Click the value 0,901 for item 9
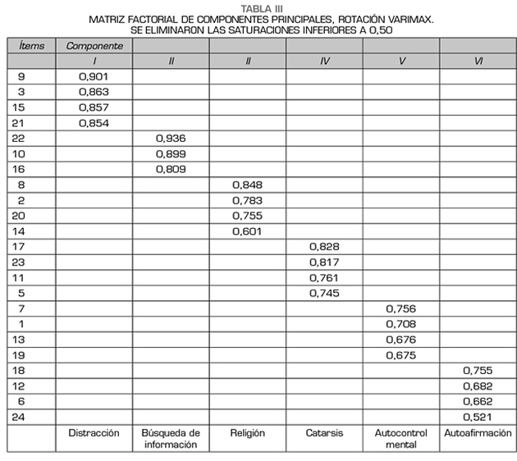94,76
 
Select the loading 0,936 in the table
171,138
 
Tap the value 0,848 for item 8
247,185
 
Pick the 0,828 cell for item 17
324,246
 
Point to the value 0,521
478,417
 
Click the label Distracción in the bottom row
94,433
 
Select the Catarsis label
324,433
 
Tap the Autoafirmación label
478,433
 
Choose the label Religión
247,433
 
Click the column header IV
324,62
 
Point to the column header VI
478,62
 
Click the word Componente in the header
94,46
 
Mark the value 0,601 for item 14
247,230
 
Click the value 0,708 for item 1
400,324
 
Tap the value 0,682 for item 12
478,386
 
